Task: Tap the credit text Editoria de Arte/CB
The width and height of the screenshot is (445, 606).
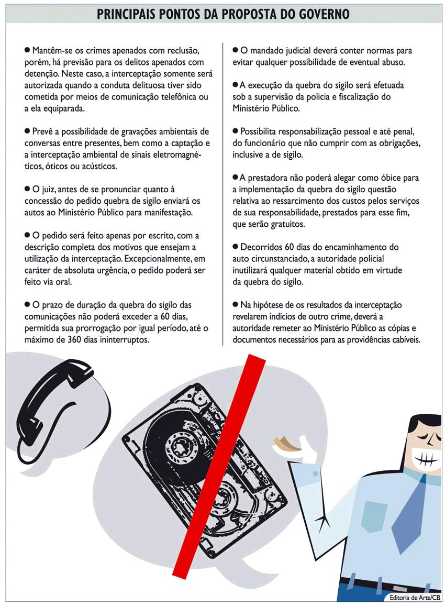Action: coord(415,598)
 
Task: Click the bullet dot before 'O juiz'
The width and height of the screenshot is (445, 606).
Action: coord(27,189)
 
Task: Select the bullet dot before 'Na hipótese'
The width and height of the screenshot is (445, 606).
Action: coord(235,304)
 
